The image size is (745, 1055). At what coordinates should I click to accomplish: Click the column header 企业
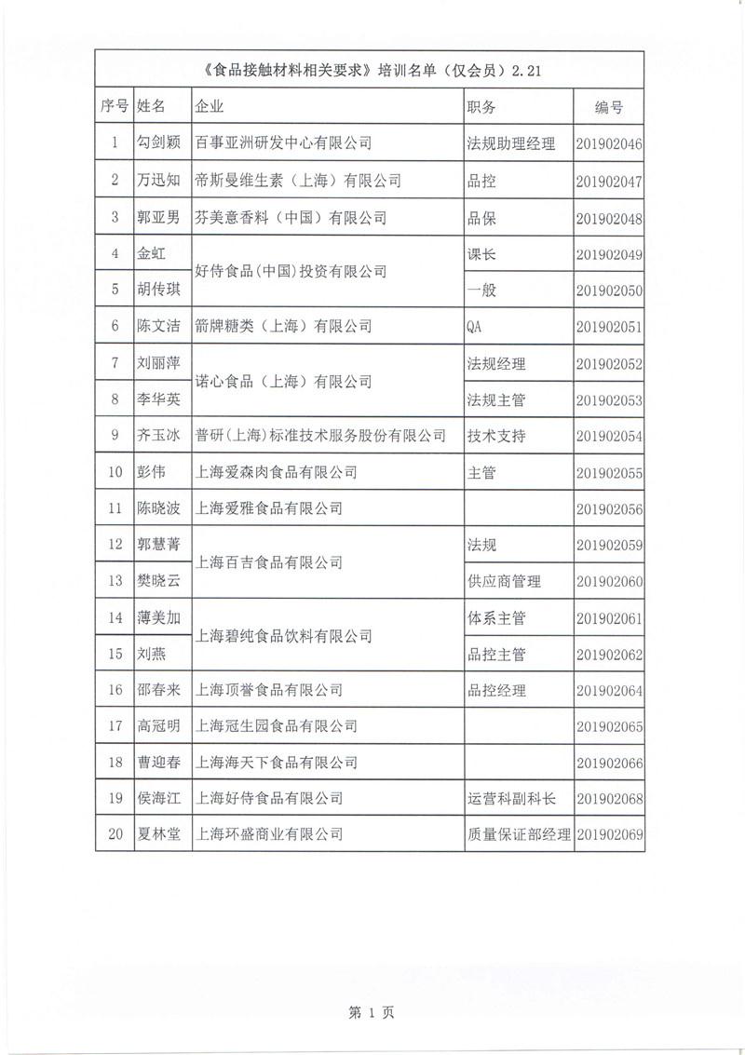tap(210, 107)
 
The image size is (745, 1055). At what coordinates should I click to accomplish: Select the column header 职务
tap(481, 107)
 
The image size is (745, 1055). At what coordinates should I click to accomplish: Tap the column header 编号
tap(608, 108)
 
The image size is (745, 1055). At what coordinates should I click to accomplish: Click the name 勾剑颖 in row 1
tap(159, 143)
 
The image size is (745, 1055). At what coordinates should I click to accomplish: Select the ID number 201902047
tap(609, 181)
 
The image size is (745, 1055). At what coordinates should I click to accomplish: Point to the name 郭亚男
tap(159, 218)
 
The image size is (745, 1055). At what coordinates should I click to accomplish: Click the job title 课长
tap(481, 253)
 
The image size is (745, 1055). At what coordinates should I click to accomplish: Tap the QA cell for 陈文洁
tap(475, 327)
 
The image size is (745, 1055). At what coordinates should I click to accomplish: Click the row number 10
tap(115, 472)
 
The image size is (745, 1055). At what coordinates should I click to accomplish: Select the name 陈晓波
tap(159, 508)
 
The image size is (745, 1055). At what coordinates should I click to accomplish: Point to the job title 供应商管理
tap(504, 581)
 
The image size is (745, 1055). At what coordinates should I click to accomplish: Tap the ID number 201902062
tap(609, 655)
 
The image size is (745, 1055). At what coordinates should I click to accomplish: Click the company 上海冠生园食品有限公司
tap(277, 726)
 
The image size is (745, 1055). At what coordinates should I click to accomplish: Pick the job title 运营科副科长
tap(511, 799)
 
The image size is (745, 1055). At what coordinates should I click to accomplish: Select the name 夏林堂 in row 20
tap(159, 834)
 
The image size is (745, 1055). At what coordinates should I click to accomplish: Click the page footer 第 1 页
tap(372, 1014)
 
